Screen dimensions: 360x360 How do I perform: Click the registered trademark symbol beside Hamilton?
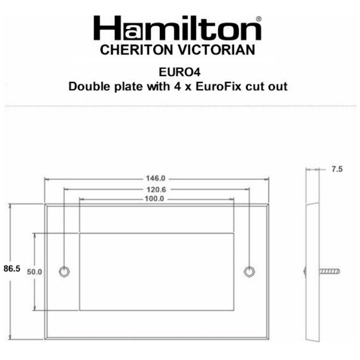[x=259, y=19]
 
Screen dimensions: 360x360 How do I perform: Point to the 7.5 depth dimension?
[x=337, y=169]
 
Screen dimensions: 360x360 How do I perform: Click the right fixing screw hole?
[x=249, y=271]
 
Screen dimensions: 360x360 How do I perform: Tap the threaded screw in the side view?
[x=330, y=271]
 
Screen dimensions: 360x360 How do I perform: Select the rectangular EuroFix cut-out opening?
[x=156, y=271]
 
